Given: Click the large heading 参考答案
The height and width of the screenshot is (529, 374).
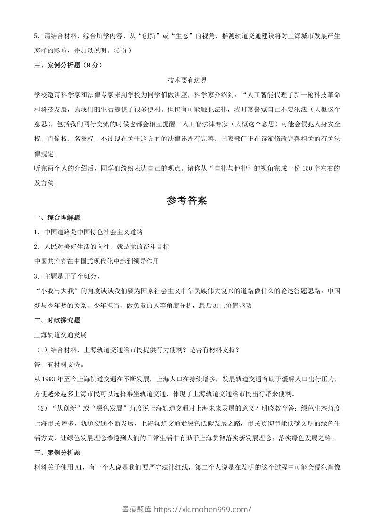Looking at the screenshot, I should coord(187,200).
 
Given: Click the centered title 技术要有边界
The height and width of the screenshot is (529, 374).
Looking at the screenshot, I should coord(187,81).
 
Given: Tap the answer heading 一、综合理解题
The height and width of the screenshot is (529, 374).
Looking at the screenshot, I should coord(57,217).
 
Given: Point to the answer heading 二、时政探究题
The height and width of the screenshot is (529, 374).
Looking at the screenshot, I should coord(57,320).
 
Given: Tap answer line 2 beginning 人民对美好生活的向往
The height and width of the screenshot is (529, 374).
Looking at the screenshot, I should coord(101,247).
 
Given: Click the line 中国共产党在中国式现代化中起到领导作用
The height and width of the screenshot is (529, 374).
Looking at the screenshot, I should coord(97,261).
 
